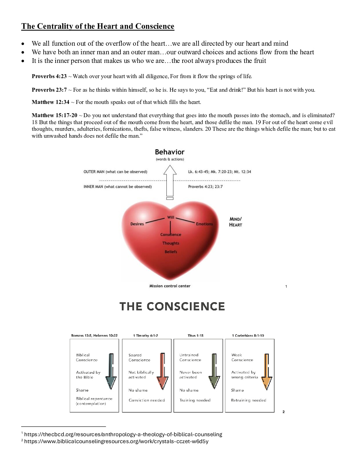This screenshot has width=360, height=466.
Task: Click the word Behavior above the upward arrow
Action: [169, 152]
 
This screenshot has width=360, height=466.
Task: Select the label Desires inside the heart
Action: [137, 224]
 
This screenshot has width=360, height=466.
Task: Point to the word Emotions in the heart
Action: [204, 224]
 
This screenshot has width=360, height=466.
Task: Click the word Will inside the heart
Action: [170, 217]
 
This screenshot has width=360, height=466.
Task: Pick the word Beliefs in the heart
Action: [171, 252]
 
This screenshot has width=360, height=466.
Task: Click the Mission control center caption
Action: [170, 286]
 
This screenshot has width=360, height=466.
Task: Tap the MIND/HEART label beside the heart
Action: [236, 222]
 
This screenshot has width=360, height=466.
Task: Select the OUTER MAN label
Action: [115, 172]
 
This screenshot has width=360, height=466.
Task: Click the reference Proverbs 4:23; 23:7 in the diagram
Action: [205, 187]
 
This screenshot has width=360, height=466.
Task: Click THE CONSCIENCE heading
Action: [172, 306]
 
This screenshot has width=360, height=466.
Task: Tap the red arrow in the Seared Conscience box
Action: [162, 371]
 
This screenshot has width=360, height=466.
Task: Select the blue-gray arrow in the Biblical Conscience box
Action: [111, 371]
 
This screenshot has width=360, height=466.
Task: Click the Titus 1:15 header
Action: [196, 336]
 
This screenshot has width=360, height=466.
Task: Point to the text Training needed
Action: [195, 400]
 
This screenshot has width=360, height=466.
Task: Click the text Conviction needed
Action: [147, 400]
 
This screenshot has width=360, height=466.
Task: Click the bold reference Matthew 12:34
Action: [50, 102]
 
